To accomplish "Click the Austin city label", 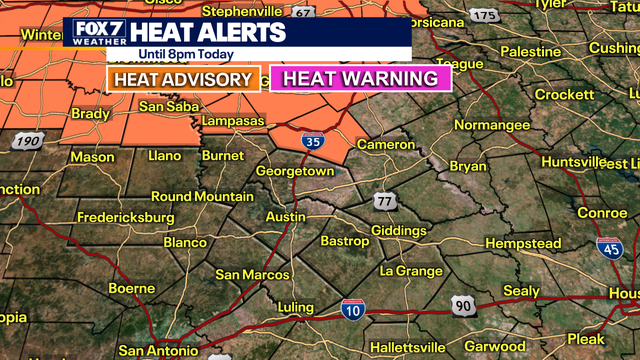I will point(285,217).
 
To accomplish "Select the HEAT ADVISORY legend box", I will point(182,78).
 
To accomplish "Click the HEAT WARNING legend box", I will point(360,78).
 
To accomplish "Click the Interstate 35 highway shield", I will point(314,142).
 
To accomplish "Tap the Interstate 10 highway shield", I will point(351,309).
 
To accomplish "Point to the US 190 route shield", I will point(28,142).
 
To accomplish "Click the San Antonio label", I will point(159,350).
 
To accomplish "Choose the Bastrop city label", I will point(344,241).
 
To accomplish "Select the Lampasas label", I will point(231,121).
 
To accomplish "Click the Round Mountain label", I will point(202,196).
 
